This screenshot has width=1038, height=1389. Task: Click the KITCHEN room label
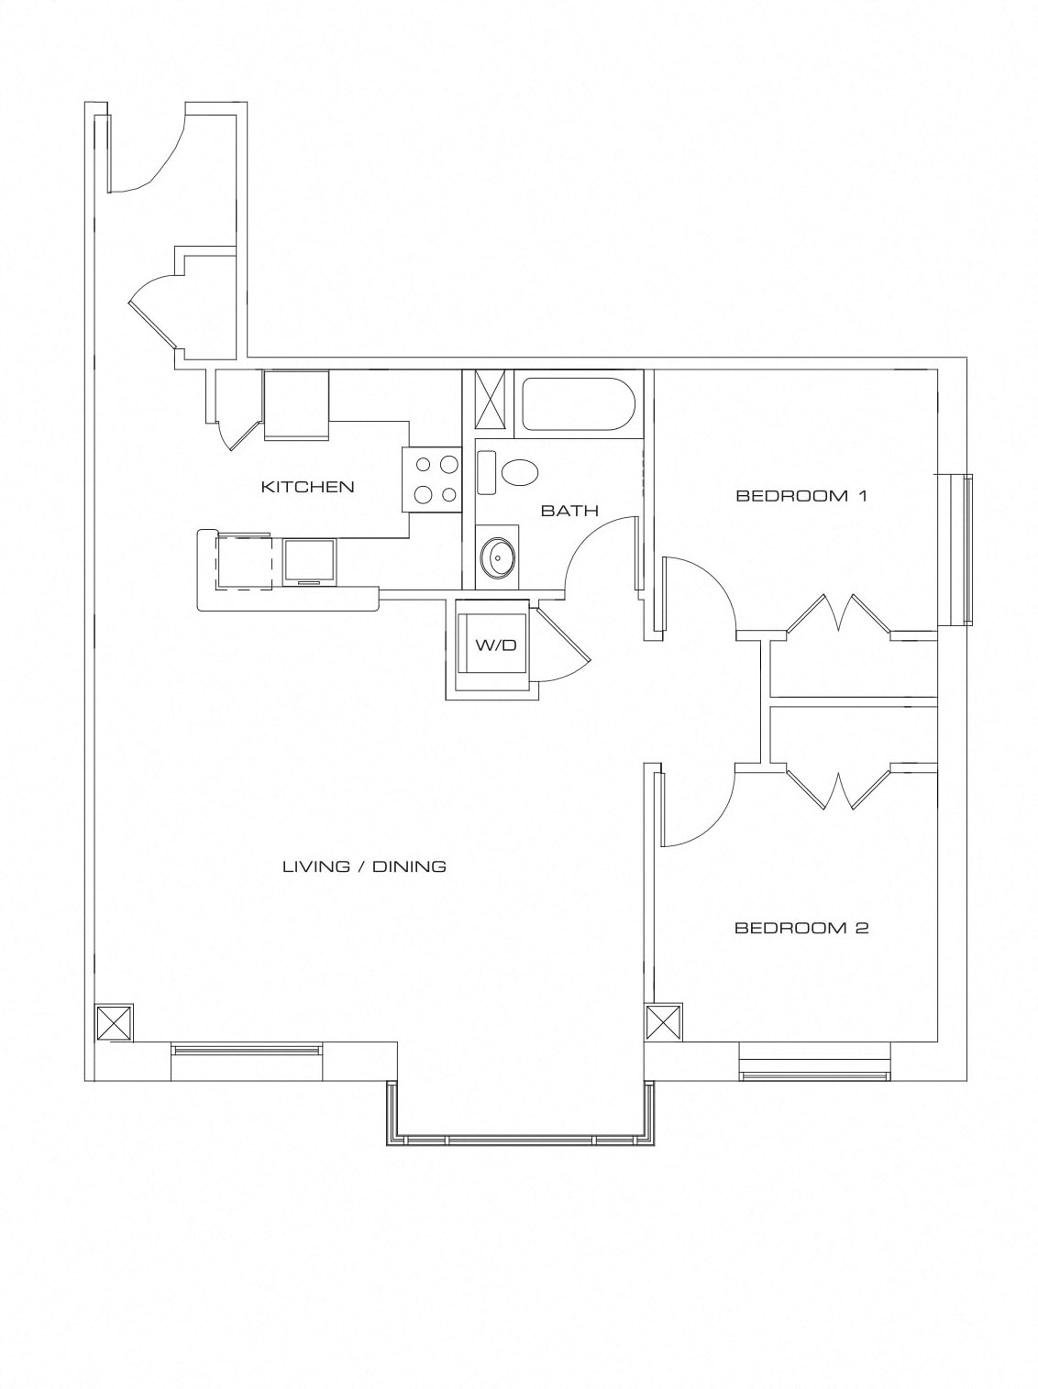point(307,486)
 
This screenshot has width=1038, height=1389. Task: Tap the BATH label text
point(569,511)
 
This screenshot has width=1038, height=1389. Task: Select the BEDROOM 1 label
point(801,496)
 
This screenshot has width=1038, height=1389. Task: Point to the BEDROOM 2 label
point(801,928)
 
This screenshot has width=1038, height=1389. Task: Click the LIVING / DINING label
point(364,865)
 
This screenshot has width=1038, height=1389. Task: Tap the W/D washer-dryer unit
point(494,645)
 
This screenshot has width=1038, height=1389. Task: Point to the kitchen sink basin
point(310,560)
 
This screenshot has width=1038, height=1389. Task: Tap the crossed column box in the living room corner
point(115,1022)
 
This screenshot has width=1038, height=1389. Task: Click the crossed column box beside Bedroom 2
point(663,1022)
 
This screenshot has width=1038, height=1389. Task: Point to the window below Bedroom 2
point(815,1068)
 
